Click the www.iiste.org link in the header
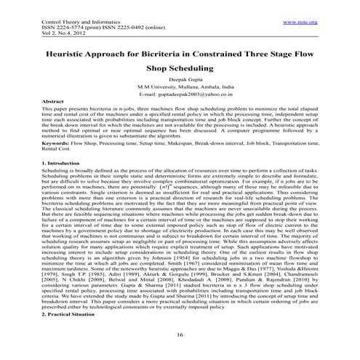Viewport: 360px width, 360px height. click(x=299, y=23)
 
